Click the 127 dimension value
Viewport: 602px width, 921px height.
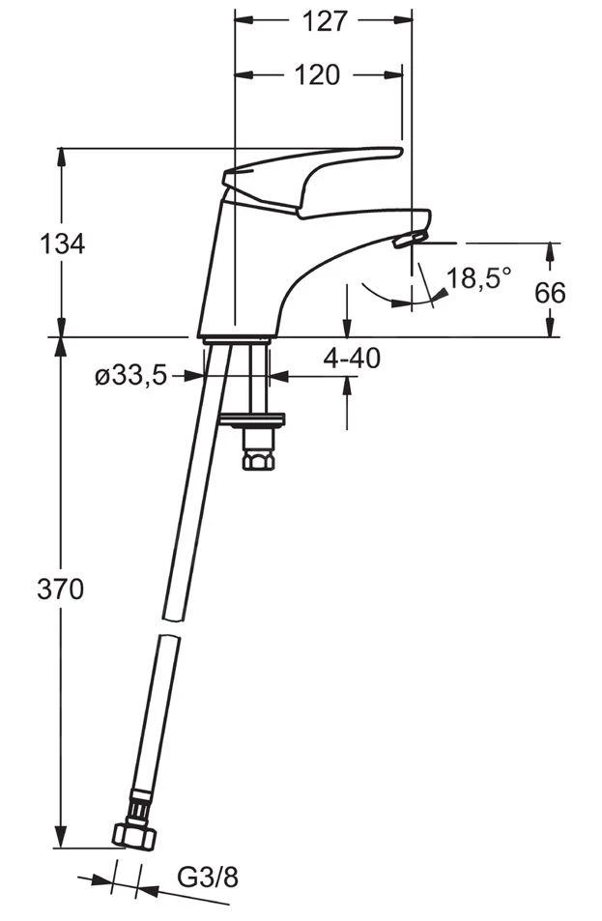(325, 21)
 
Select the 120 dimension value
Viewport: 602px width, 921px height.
(317, 75)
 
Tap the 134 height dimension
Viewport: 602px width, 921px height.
(62, 244)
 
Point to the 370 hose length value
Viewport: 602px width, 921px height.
(61, 590)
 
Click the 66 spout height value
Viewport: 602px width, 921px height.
(550, 293)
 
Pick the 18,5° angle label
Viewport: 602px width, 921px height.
(478, 277)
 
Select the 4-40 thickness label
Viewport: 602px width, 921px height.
(352, 359)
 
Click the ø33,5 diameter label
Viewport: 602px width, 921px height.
(131, 376)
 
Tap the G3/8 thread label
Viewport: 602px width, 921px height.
(208, 878)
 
